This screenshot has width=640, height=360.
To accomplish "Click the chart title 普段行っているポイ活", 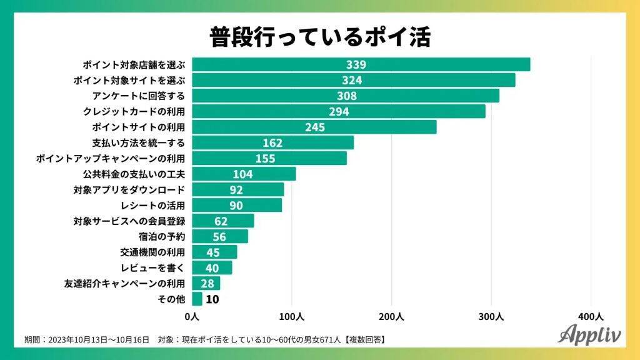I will (x=320, y=36).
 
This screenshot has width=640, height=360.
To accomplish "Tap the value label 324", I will (x=352, y=80).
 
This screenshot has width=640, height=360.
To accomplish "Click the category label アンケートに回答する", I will (x=136, y=96).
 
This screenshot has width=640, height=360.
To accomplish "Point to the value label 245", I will (x=314, y=127).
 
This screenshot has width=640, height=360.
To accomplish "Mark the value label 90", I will (x=236, y=205).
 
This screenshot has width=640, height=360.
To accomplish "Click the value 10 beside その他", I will (x=212, y=299).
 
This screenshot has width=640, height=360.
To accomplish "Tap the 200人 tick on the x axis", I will (x=392, y=316).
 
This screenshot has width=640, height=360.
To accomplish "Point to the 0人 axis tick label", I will (x=192, y=316).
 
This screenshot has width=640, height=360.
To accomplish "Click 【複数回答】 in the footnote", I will (x=362, y=339).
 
